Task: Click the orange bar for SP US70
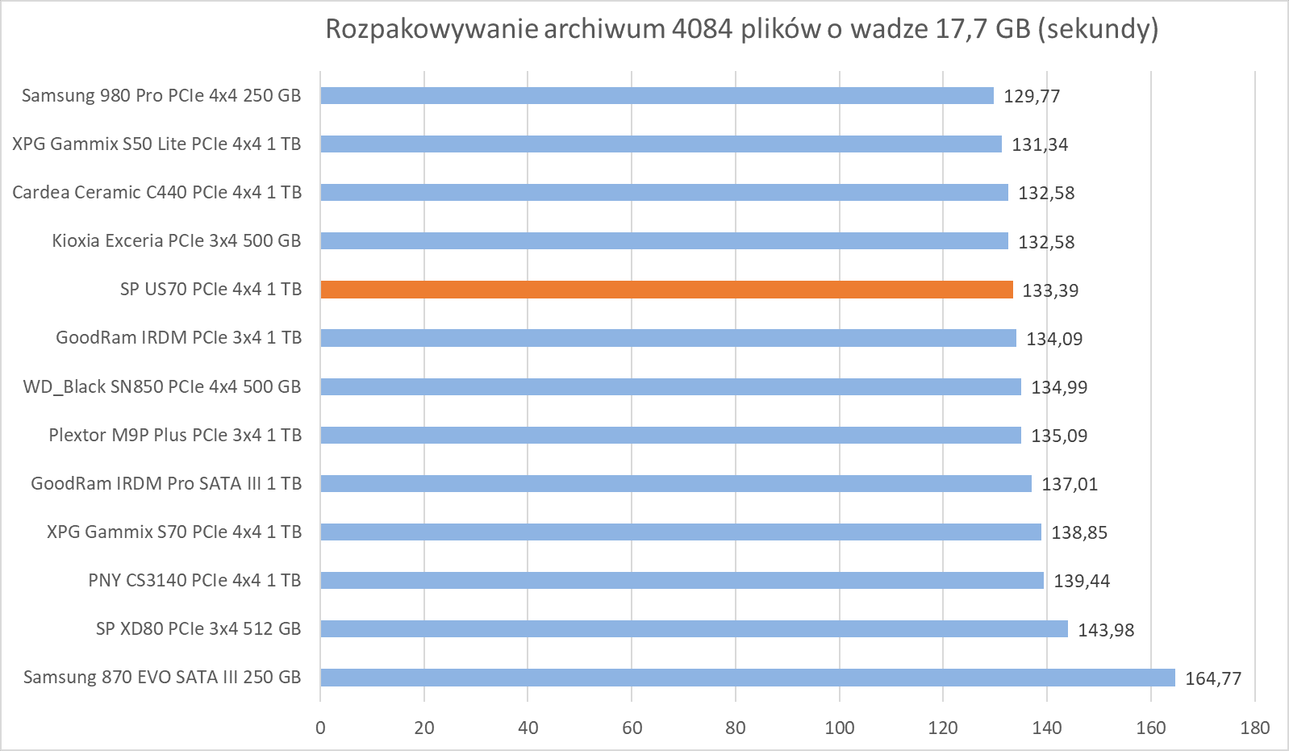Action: [666, 290]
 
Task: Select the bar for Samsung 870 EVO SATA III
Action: [748, 678]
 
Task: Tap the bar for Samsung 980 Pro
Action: [657, 95]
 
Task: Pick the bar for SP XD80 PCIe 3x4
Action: [694, 628]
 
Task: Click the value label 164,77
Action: [1213, 678]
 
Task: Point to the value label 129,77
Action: [1032, 96]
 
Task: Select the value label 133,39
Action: [1050, 290]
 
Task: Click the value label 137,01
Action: [1070, 484]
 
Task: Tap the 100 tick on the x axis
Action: [840, 728]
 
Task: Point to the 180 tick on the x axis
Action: [1254, 728]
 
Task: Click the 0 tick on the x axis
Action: [320, 728]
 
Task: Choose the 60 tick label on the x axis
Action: [632, 728]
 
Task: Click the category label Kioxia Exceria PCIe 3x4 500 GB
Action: [177, 240]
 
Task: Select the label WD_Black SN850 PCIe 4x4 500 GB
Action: [162, 386]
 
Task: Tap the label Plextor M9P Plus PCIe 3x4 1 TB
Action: [176, 435]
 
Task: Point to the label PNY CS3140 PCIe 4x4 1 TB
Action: [195, 580]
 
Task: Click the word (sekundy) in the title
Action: [1098, 29]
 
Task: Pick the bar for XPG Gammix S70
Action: [681, 532]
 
